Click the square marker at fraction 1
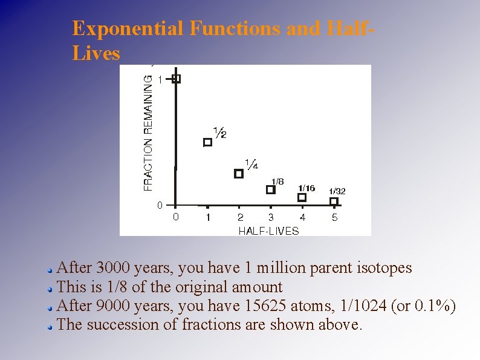click(x=176, y=79)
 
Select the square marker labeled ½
click(x=207, y=142)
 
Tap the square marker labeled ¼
click(x=238, y=174)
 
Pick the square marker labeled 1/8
click(x=270, y=189)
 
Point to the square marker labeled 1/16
click(x=302, y=197)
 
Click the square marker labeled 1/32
click(x=334, y=201)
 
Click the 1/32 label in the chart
click(x=337, y=191)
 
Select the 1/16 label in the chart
click(x=306, y=188)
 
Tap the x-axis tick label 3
click(x=271, y=217)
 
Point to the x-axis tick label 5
click(x=334, y=217)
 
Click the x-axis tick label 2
click(x=240, y=217)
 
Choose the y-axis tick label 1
click(x=160, y=79)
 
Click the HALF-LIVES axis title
click(x=268, y=231)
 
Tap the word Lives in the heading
click(x=96, y=53)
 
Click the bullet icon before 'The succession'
click(x=51, y=326)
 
